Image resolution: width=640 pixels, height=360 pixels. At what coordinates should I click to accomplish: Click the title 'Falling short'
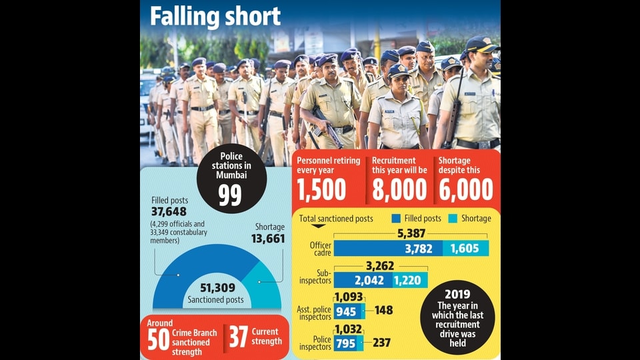215,17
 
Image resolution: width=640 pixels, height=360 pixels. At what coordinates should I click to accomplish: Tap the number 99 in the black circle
230,195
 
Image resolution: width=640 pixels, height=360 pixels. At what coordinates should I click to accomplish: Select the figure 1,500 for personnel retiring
321,189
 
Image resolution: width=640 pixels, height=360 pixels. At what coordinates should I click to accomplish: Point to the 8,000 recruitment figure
399,189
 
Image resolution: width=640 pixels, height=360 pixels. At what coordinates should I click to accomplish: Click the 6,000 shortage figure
466,189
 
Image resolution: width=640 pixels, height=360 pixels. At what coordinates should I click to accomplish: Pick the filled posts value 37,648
169,211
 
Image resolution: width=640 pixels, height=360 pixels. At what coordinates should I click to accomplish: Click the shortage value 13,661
268,239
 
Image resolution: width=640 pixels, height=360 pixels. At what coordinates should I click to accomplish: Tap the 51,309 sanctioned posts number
217,288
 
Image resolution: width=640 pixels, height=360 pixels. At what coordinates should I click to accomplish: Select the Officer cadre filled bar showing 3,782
388,248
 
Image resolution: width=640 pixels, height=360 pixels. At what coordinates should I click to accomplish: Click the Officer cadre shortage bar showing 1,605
466,248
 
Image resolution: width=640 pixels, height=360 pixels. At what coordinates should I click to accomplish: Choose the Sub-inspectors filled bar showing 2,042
363,281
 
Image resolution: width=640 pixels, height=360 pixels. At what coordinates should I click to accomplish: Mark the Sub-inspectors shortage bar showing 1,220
410,281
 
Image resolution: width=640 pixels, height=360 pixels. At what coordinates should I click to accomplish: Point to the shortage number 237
381,343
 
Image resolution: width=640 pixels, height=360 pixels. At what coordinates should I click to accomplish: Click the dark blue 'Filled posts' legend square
396,219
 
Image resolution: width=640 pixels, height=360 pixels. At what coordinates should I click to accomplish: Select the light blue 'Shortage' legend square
453,219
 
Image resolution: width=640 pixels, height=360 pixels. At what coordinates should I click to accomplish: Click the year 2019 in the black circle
457,294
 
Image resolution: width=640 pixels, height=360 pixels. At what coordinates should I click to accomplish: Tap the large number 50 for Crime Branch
158,339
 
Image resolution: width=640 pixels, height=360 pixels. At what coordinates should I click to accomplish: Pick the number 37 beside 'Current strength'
238,337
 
